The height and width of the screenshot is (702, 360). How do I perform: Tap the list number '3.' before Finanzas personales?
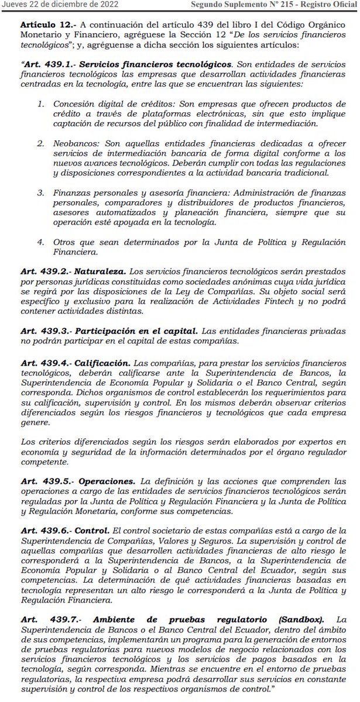(x=40, y=192)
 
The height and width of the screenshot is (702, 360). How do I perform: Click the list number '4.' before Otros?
(x=40, y=242)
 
